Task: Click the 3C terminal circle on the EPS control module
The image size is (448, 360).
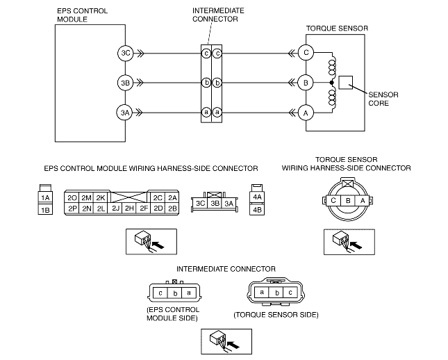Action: click(126, 53)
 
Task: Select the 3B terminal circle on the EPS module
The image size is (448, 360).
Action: click(126, 83)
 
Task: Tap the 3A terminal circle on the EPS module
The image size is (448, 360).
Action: click(125, 113)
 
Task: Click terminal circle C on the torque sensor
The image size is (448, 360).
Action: click(306, 52)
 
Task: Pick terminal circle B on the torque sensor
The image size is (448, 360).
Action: click(306, 83)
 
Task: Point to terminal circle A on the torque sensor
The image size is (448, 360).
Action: click(306, 113)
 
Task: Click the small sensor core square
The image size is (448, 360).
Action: click(345, 83)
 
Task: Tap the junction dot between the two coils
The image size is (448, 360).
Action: click(331, 83)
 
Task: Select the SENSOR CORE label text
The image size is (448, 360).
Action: click(383, 99)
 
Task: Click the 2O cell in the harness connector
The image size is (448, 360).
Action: click(72, 197)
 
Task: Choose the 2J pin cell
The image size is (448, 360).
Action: click(116, 208)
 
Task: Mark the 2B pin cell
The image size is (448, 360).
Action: click(172, 208)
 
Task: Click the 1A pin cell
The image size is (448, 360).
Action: click(45, 197)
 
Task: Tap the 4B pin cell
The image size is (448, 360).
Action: click(257, 210)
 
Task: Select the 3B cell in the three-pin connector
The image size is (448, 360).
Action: click(215, 204)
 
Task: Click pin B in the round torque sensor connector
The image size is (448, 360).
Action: click(348, 200)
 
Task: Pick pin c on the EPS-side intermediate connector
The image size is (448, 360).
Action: click(160, 293)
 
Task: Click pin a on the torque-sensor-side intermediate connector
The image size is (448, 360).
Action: click(262, 292)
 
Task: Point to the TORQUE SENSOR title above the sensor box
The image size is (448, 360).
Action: click(337, 28)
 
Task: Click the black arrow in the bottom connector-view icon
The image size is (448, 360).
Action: click(233, 345)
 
